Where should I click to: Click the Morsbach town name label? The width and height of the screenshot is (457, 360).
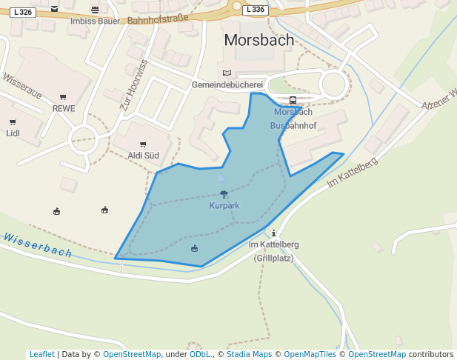point(258,40)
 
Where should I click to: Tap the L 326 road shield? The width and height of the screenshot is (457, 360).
point(22,12)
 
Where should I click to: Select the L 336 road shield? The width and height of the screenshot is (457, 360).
point(255,10)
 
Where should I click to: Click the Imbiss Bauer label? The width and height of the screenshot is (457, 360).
point(94,21)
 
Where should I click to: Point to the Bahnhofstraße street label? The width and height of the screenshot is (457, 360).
point(158,19)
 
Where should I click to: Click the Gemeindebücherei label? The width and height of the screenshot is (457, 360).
point(227,84)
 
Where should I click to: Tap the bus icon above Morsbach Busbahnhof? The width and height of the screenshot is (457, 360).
point(293,101)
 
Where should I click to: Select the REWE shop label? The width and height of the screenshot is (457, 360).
point(64,108)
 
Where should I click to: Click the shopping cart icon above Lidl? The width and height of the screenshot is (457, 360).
point(13,122)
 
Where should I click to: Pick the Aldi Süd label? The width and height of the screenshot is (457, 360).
point(144,156)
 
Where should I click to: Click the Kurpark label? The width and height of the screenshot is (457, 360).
point(224,205)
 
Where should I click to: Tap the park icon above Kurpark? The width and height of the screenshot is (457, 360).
point(224,194)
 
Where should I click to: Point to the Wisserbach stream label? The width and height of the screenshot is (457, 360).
point(37,245)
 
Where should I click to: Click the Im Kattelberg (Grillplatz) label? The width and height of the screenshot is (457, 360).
point(273,251)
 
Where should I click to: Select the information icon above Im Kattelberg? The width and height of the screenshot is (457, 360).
point(274,233)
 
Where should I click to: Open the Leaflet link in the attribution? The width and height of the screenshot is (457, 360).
point(41,355)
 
